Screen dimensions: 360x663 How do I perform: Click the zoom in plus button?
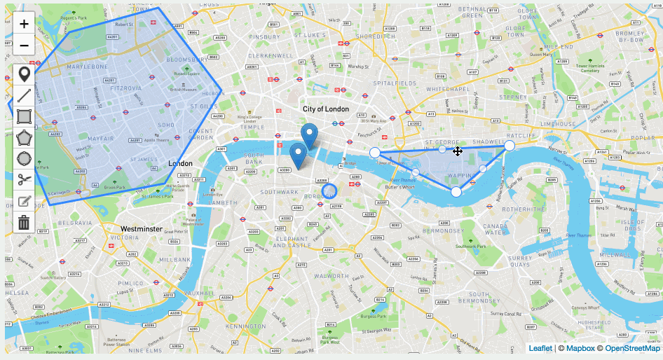pyautogui.click(x=24, y=24)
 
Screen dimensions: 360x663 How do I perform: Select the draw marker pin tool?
pyautogui.click(x=24, y=74)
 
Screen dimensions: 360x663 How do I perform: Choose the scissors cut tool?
pyautogui.click(x=24, y=178)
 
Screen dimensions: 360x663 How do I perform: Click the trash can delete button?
pyautogui.click(x=24, y=223)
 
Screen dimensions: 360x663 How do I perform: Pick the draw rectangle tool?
pyautogui.click(x=24, y=116)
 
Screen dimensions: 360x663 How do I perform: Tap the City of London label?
pyautogui.click(x=326, y=109)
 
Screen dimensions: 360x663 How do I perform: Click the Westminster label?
pyautogui.click(x=142, y=229)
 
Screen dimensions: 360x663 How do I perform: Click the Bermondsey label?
pyautogui.click(x=443, y=230)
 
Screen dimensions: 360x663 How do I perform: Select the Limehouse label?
pyautogui.click(x=558, y=123)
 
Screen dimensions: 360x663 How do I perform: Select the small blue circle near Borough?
pyautogui.click(x=329, y=190)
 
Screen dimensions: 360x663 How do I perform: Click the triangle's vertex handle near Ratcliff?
pyautogui.click(x=510, y=146)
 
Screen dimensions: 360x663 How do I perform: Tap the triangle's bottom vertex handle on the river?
pyautogui.click(x=456, y=192)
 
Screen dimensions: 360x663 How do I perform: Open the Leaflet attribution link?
pyautogui.click(x=540, y=348)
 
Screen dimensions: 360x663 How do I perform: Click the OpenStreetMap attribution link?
pyautogui.click(x=632, y=348)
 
